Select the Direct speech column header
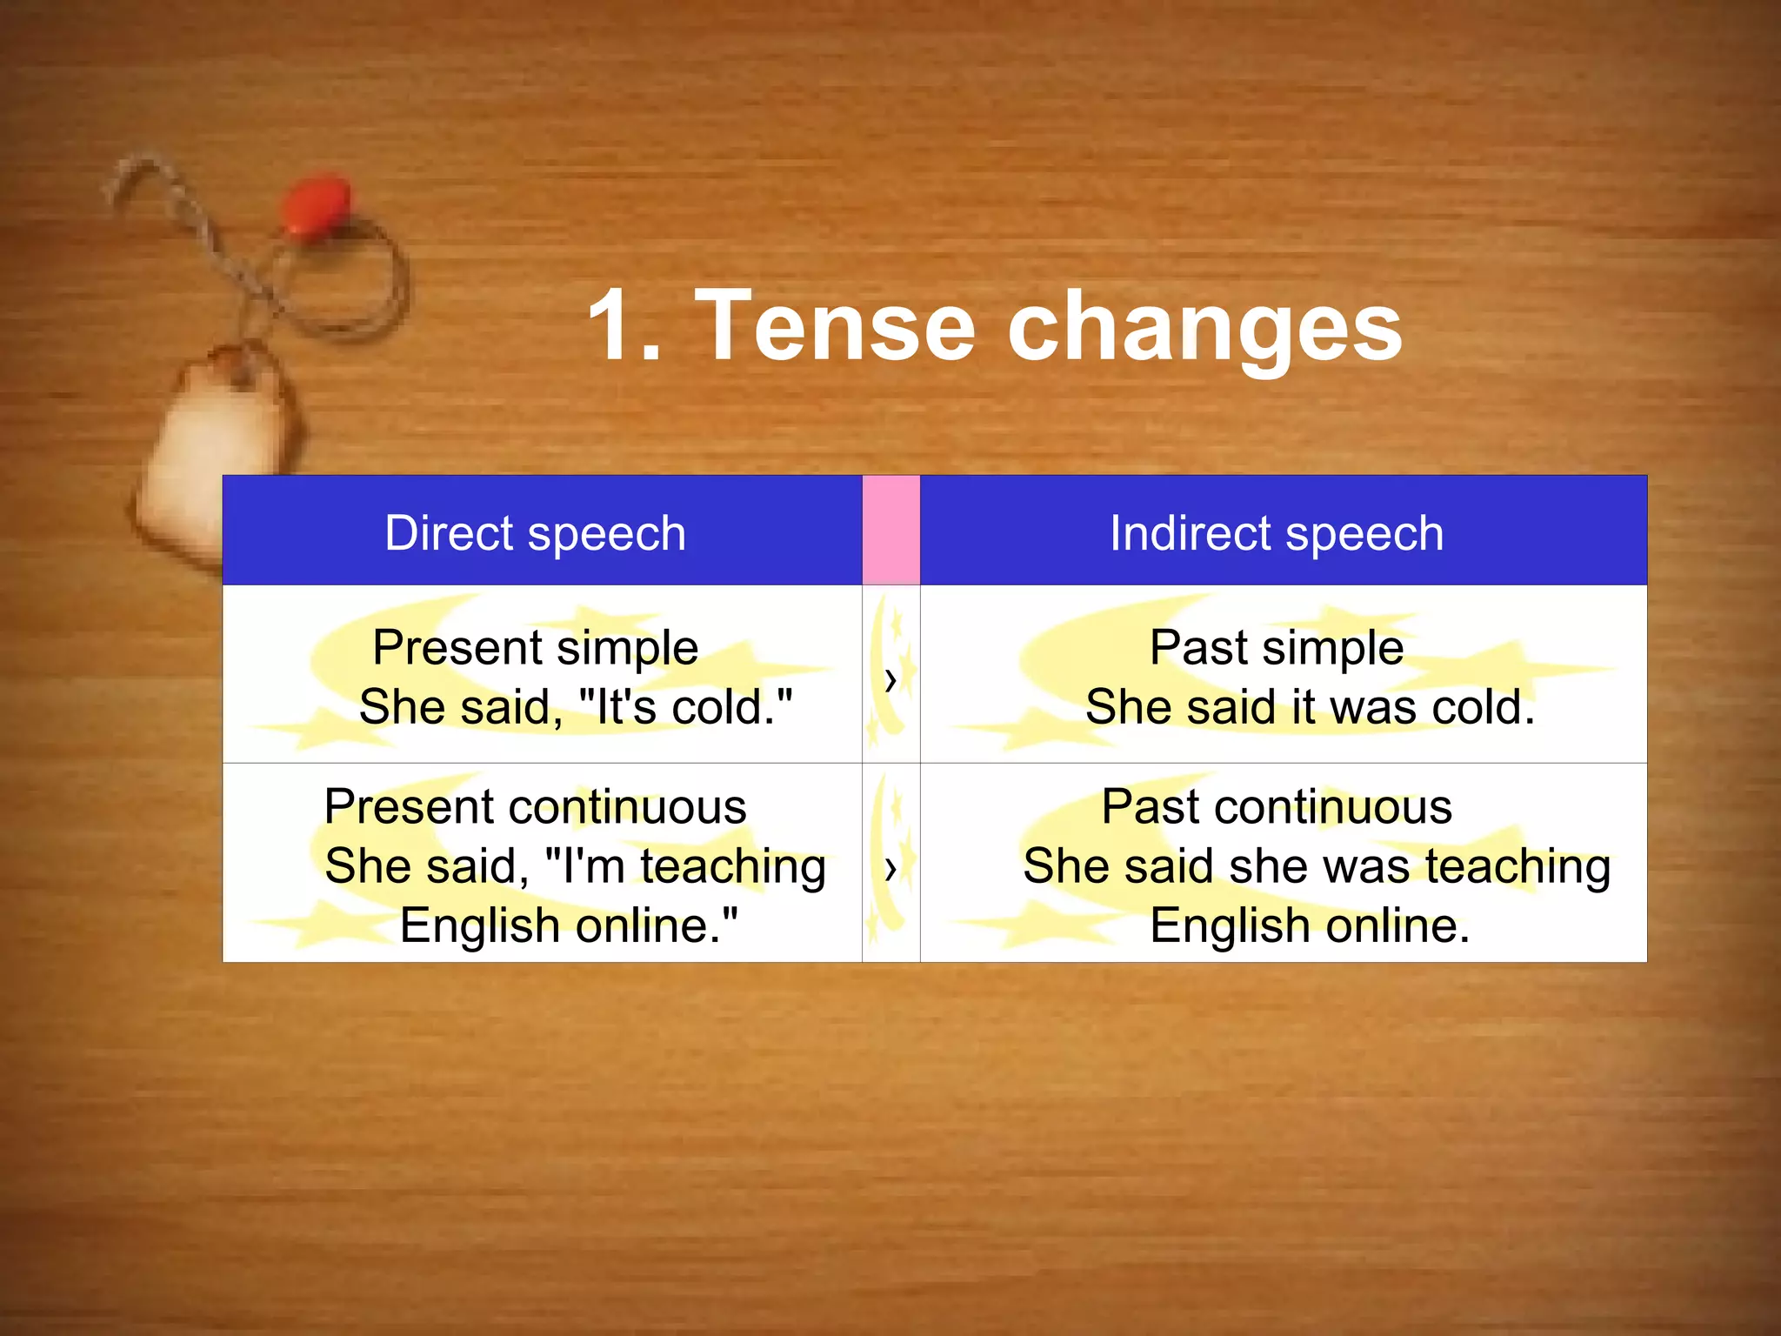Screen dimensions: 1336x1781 [x=535, y=532]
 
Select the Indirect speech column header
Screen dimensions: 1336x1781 [x=1276, y=532]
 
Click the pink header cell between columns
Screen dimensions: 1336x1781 [x=890, y=530]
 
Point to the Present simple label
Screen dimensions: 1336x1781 [x=535, y=647]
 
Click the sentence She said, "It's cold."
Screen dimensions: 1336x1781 [x=575, y=706]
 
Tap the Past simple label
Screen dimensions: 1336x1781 [x=1276, y=647]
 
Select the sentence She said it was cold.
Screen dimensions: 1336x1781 [x=1310, y=706]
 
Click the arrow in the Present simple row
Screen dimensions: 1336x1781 [x=890, y=679]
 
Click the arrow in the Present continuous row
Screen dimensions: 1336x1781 [x=890, y=868]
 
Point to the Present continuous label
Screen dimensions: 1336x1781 [x=535, y=806]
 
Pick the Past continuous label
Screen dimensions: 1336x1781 [x=1276, y=806]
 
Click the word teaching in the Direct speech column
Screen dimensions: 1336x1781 [x=732, y=866]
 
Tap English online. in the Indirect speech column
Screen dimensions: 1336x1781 [x=1310, y=925]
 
